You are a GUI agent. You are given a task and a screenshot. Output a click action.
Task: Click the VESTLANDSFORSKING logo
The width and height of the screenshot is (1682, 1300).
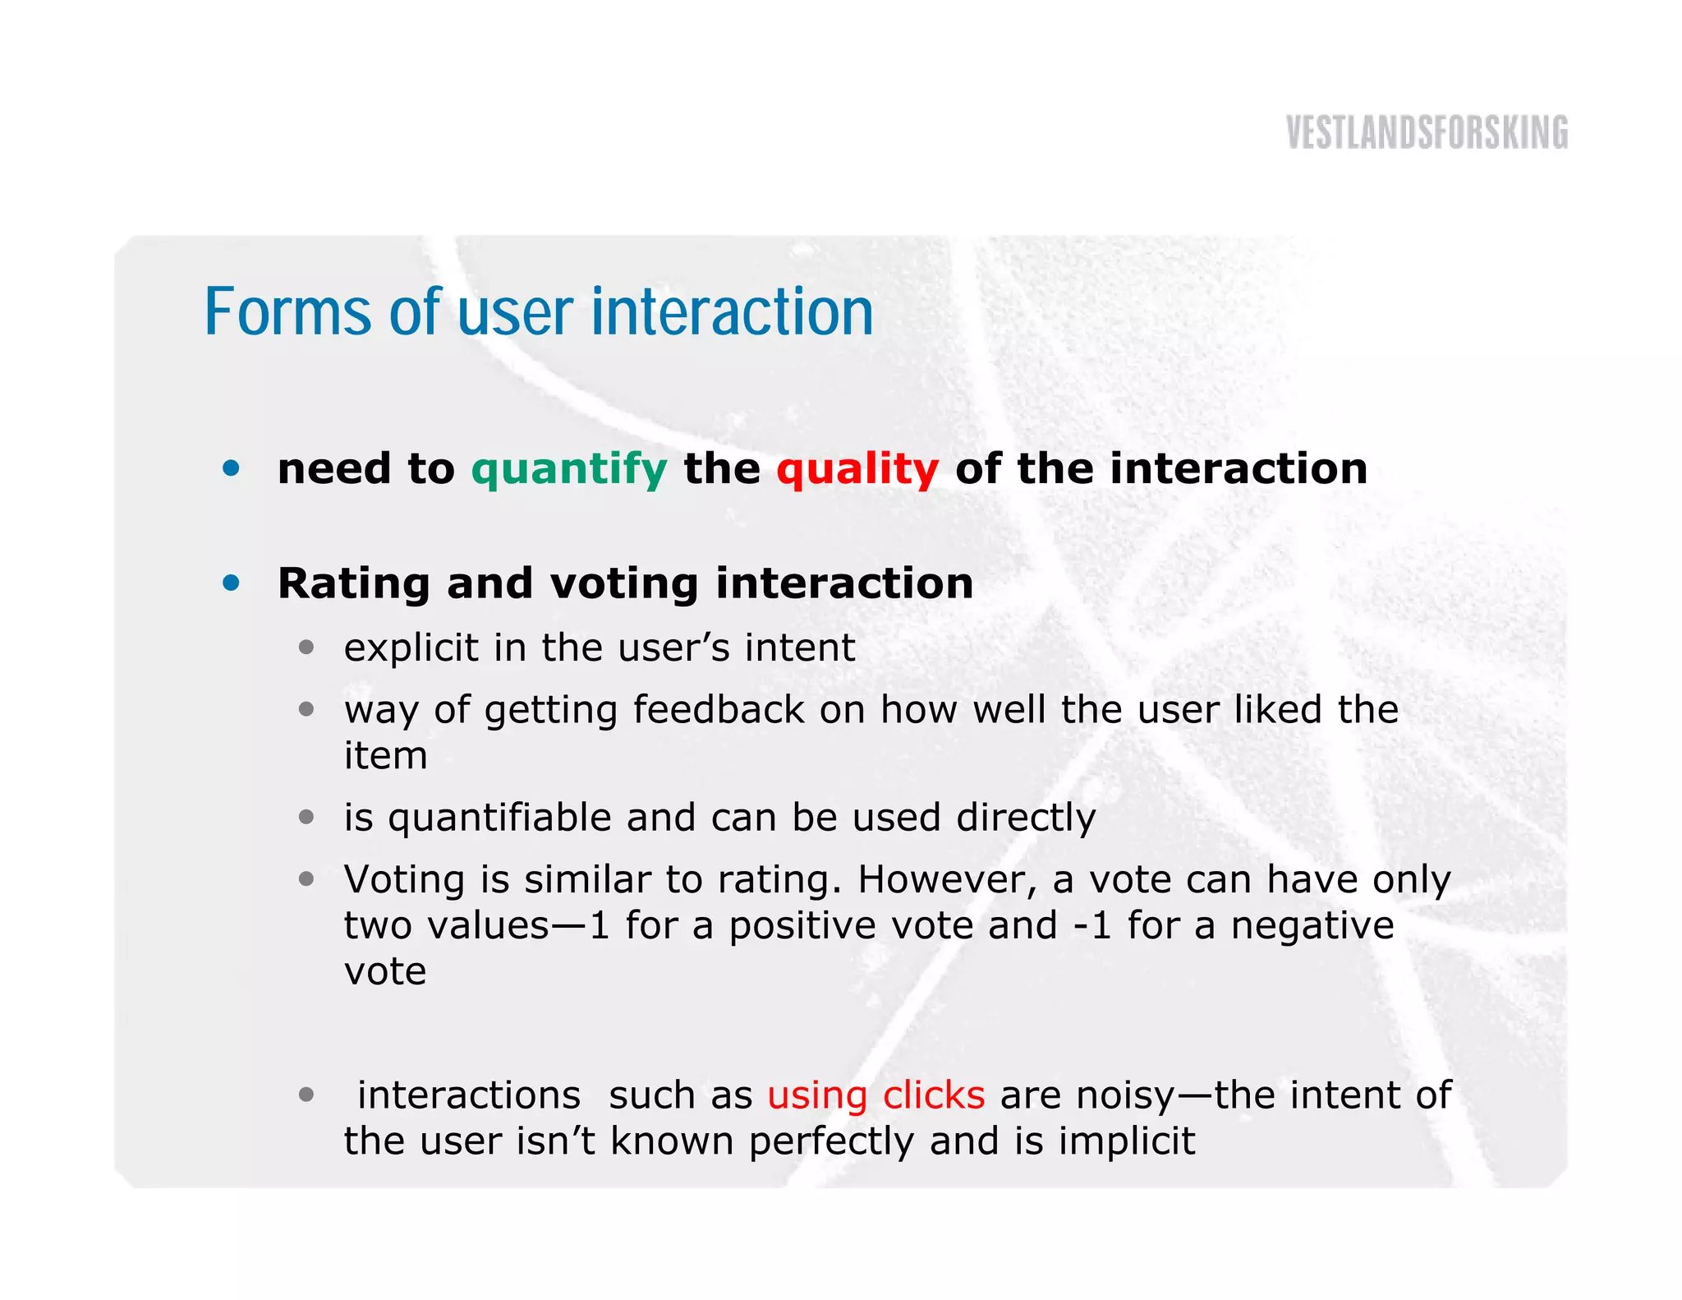pyautogui.click(x=1427, y=133)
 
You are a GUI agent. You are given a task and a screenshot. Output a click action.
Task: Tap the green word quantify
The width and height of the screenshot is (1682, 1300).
pyautogui.click(x=569, y=470)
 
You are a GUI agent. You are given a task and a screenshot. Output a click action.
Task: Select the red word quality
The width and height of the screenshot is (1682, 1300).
pyautogui.click(x=857, y=470)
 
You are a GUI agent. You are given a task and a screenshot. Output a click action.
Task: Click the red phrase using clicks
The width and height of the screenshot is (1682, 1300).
pyautogui.click(x=875, y=1095)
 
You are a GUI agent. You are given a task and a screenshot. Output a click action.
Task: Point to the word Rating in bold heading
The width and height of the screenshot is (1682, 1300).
pyautogui.click(x=354, y=583)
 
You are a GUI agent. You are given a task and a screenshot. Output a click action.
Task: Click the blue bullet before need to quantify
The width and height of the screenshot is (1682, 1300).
pyautogui.click(x=232, y=468)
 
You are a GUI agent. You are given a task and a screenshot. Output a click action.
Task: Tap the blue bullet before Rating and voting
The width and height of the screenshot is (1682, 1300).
pyautogui.click(x=232, y=583)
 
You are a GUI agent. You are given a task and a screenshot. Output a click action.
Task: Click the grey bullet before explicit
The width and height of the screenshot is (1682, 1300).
pyautogui.click(x=306, y=648)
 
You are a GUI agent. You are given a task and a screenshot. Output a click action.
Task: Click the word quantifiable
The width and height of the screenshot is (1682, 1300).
pyautogui.click(x=500, y=818)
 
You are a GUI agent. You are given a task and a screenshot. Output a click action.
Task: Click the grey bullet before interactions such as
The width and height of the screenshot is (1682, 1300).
pyautogui.click(x=306, y=1095)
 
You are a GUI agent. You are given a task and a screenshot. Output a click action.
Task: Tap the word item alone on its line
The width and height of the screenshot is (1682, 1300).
pyautogui.click(x=385, y=755)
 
